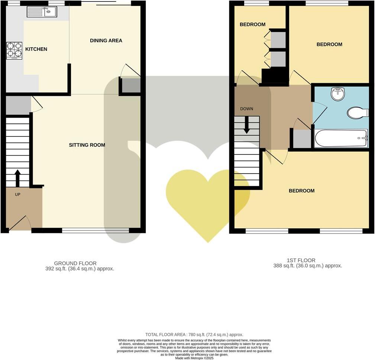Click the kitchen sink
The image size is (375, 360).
41,12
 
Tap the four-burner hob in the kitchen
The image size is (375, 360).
14,51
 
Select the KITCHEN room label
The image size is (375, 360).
36,49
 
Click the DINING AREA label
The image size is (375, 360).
106,40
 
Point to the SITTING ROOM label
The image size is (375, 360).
87,145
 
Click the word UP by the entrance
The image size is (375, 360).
17,194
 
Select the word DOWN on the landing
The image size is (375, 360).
246,109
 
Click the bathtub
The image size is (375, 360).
341,138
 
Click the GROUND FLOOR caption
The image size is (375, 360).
75,263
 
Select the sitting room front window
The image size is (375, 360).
96,230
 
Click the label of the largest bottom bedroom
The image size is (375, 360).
301,191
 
